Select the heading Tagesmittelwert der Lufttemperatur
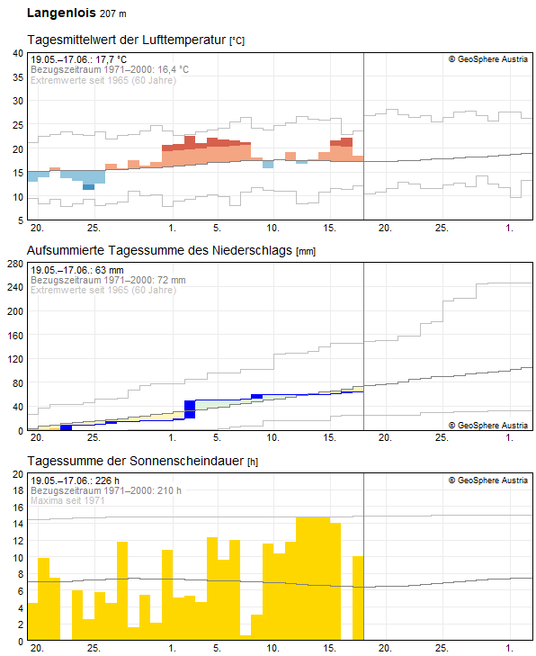pyautogui.click(x=128, y=40)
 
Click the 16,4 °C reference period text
pyautogui.click(x=110, y=69)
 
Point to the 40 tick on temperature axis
pyautogui.click(x=17, y=53)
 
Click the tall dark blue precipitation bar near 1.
pyautogui.click(x=190, y=409)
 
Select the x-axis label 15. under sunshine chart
pyautogui.click(x=329, y=648)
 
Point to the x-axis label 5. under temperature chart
pyautogui.click(x=217, y=227)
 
